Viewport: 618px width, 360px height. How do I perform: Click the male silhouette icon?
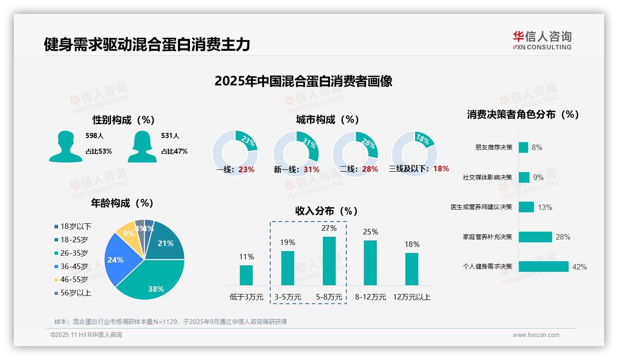point(66,146)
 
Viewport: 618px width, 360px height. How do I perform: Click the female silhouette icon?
point(142,146)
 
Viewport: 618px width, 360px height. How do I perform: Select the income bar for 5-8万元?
point(329,261)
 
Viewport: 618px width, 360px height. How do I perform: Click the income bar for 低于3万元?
point(246,275)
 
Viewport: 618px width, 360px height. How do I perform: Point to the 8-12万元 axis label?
point(370,297)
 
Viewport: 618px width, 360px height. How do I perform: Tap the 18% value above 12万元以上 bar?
point(412,244)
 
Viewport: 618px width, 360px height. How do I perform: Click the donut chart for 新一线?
point(296,153)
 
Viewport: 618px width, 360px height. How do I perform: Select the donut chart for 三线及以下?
point(414,153)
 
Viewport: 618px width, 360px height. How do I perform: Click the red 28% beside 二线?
point(370,169)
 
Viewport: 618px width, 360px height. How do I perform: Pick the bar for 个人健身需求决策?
point(543,266)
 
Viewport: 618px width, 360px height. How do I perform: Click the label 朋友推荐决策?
point(493,147)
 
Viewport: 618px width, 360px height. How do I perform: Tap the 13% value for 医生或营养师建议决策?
point(545,207)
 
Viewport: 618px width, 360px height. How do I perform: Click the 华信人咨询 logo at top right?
point(542,40)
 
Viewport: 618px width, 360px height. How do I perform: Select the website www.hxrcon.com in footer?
point(536,335)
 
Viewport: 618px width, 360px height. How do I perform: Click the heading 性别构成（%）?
point(123,120)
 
